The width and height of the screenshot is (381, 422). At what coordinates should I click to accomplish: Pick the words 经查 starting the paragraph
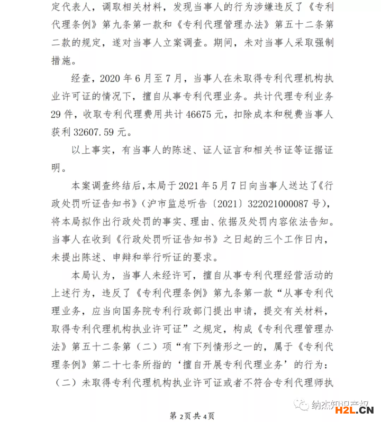[x=81, y=79]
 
